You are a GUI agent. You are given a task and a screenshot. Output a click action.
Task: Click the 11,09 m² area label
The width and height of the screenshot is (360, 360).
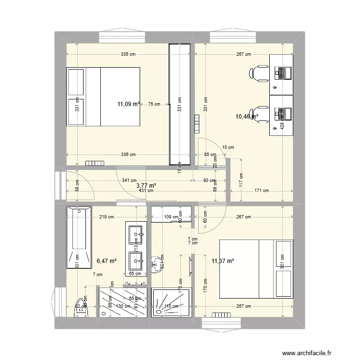point(129,103)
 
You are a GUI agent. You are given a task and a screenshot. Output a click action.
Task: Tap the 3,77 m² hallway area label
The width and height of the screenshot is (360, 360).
point(146,185)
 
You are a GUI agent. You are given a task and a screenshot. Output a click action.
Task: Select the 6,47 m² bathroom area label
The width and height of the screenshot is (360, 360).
point(107,261)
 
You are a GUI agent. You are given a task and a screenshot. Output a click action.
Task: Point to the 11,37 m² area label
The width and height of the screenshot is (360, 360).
point(222,261)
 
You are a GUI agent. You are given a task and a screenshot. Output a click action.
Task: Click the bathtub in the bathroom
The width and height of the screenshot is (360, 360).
point(79,238)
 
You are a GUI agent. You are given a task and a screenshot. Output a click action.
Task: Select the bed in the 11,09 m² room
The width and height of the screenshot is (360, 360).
point(103,96)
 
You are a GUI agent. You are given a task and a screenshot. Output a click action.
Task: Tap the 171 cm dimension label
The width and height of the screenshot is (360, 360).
point(262,191)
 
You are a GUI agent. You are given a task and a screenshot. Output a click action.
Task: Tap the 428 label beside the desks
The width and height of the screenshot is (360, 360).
point(282,125)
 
